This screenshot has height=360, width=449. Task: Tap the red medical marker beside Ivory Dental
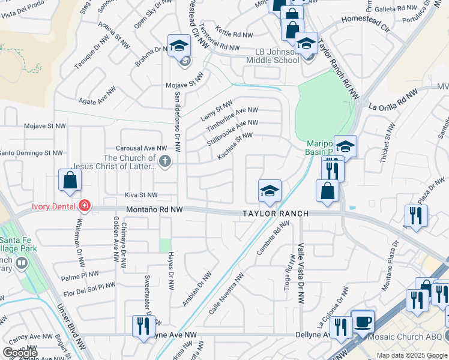[x=85, y=206]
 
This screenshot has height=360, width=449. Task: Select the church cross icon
[x=165, y=160]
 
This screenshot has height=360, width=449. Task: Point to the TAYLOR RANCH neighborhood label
[x=276, y=214]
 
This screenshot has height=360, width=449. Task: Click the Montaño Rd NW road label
[x=155, y=210]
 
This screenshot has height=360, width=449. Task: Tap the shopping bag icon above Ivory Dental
[x=70, y=180]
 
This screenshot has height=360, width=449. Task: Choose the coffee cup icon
[x=363, y=322]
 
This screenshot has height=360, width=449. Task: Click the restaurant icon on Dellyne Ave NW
[x=143, y=326]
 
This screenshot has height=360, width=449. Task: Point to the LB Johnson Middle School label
[x=273, y=55]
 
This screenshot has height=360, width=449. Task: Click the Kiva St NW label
[x=140, y=195]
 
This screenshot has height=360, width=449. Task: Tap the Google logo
[x=20, y=353]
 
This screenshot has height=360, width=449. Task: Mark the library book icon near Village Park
[x=22, y=263]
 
